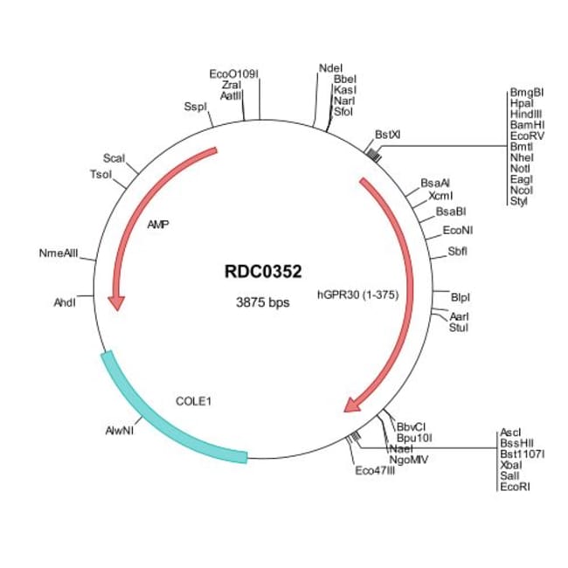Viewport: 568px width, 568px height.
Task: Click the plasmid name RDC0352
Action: (263, 272)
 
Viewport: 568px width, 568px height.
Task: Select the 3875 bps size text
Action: (263, 302)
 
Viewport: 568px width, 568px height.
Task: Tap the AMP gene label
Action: (158, 225)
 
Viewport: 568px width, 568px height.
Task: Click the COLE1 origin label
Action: (193, 401)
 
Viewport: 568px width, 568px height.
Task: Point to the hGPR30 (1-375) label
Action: (358, 294)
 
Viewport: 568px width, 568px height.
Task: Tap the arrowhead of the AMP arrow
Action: (116, 303)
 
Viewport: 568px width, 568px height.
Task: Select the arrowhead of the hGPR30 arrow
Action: (352, 405)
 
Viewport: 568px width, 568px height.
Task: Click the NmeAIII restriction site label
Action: (59, 253)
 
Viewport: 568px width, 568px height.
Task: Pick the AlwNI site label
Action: (120, 431)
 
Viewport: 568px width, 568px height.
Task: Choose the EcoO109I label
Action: (234, 74)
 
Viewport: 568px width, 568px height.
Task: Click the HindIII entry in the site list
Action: (526, 114)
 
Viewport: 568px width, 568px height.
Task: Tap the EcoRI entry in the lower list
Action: (515, 487)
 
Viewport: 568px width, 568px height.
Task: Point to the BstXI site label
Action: (388, 135)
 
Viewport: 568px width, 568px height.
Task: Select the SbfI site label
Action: (458, 252)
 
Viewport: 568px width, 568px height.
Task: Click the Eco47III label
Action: (375, 470)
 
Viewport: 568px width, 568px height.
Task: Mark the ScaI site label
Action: (114, 158)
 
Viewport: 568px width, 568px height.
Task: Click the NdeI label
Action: (330, 68)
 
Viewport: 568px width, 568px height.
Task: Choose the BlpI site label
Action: (461, 297)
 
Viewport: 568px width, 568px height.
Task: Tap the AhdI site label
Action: (65, 302)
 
